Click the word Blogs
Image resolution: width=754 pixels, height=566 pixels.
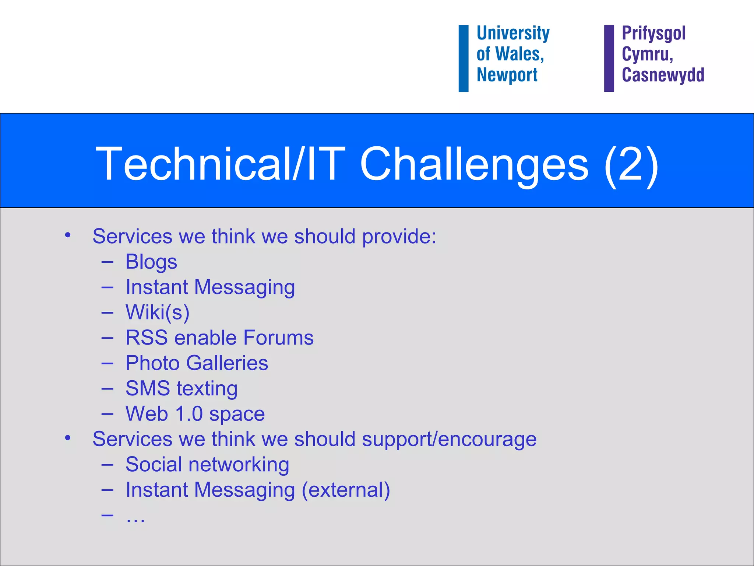coord(151,262)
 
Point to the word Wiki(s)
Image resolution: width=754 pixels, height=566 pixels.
coord(157,312)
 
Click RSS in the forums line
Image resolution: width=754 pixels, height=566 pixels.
coord(146,338)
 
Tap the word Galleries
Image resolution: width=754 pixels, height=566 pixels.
coord(227,363)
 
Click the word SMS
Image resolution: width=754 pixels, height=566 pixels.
coord(147,388)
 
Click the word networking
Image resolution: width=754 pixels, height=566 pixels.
coord(239,464)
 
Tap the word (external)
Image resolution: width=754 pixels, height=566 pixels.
coord(346,490)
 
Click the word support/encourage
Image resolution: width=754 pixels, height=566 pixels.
coord(449,440)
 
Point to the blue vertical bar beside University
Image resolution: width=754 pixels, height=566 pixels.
coord(463,58)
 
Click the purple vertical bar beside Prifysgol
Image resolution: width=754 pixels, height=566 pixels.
coord(609,58)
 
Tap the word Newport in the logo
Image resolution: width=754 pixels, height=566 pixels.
coord(507,75)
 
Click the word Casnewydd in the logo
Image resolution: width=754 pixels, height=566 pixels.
coord(663,75)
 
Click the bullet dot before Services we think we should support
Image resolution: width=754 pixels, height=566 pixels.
coord(67,438)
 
